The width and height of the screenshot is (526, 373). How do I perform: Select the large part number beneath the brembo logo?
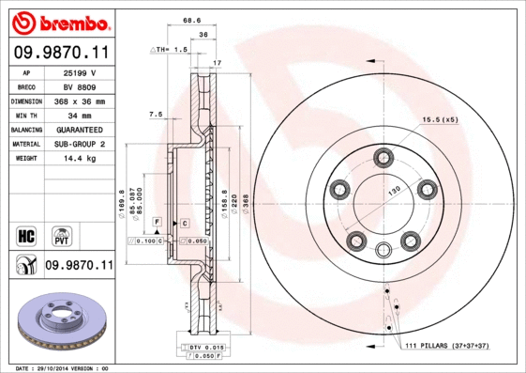(58, 54)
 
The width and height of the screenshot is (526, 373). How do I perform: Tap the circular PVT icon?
(62, 234)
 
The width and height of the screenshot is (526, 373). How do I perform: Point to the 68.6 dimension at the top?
(192, 19)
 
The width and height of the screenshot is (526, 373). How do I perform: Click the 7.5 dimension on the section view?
(156, 114)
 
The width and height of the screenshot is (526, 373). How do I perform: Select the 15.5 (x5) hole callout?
(440, 119)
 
